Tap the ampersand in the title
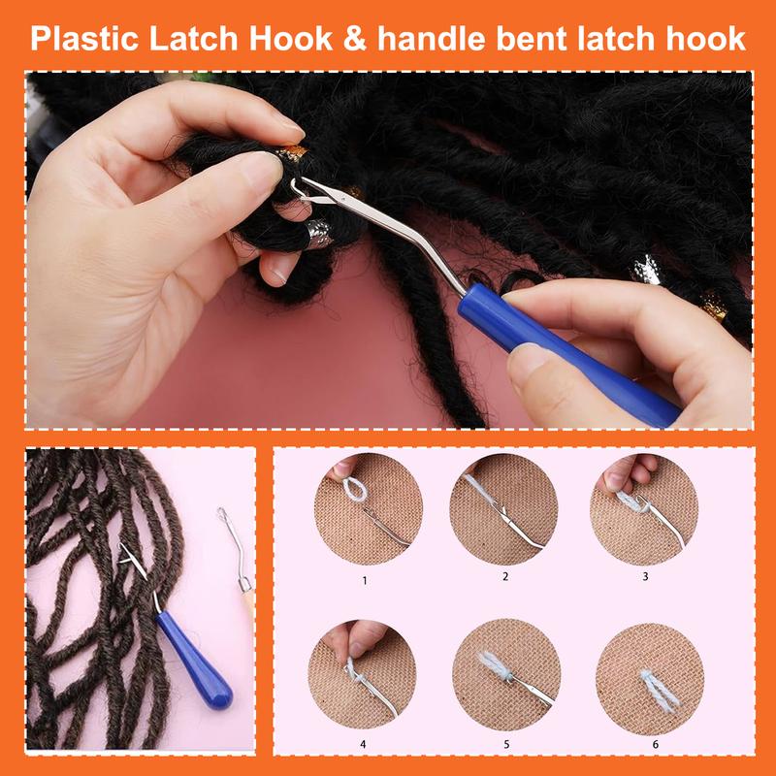click(x=356, y=38)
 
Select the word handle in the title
click(x=428, y=38)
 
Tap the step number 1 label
click(x=366, y=580)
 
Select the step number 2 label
click(x=504, y=576)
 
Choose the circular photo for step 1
click(x=366, y=509)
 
